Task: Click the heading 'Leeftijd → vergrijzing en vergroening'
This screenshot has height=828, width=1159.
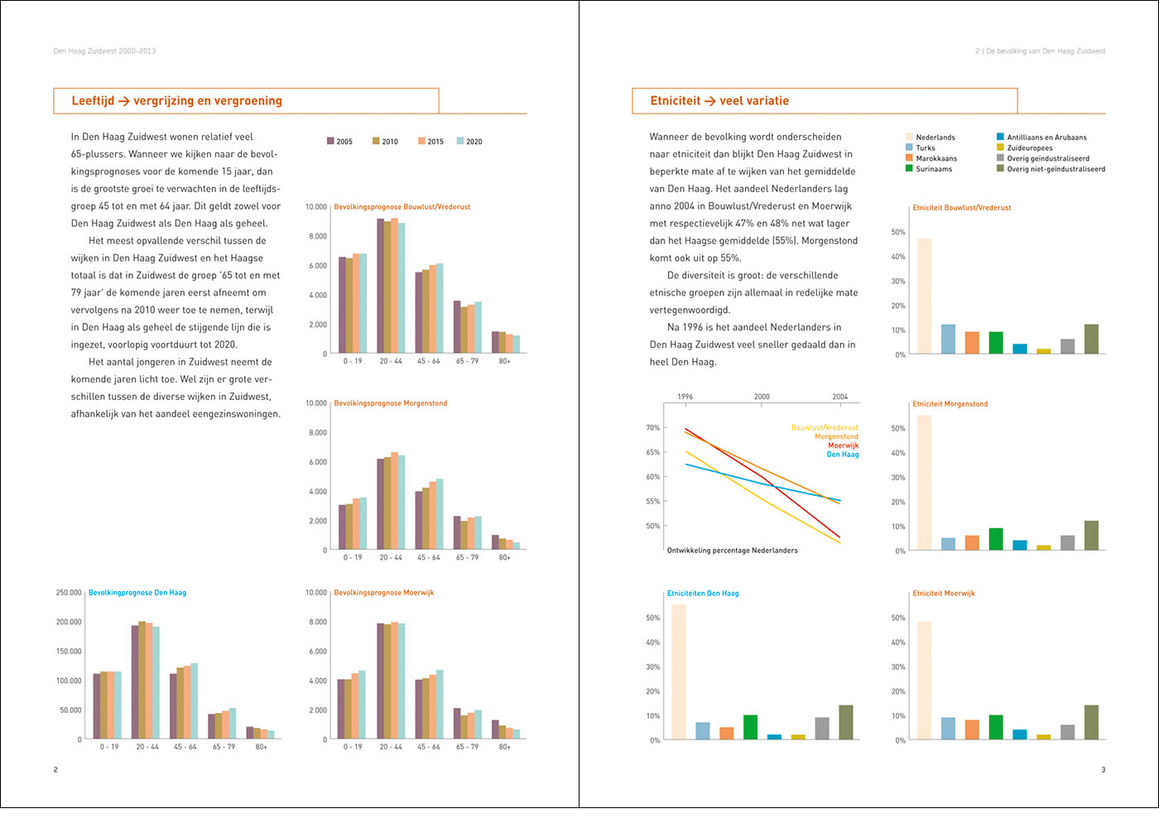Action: (176, 101)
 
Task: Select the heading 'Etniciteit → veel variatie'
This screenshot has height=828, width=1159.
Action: (719, 101)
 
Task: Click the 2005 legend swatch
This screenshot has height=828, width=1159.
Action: (330, 141)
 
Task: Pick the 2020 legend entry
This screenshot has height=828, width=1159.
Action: (469, 142)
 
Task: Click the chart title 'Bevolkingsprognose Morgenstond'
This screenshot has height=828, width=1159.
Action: (390, 403)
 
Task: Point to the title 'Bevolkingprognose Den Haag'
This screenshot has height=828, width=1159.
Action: (137, 593)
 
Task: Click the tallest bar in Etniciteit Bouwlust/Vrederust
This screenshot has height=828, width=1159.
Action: (924, 296)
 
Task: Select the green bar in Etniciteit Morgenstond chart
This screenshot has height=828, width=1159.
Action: (996, 539)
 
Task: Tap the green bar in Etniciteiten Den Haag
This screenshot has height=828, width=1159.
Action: (750, 727)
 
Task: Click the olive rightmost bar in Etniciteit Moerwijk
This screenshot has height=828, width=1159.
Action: (1091, 722)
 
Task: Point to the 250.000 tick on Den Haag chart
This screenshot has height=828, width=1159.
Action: (69, 593)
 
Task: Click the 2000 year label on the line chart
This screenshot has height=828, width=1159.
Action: (762, 397)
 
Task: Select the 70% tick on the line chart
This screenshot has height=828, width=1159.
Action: (653, 428)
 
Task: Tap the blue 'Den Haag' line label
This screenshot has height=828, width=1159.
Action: (842, 455)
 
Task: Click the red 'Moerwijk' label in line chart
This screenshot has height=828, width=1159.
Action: (843, 445)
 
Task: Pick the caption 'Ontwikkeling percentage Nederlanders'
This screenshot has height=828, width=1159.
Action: (732, 551)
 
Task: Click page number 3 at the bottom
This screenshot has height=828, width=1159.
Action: (1103, 770)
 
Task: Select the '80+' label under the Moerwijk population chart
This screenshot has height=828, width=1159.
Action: (504, 747)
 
